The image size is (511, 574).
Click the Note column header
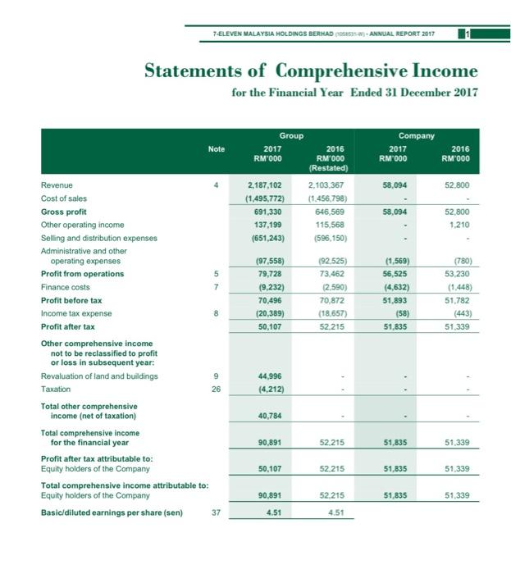click(216, 148)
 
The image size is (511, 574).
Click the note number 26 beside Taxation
click(216, 389)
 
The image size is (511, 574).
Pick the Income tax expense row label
click(75, 313)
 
